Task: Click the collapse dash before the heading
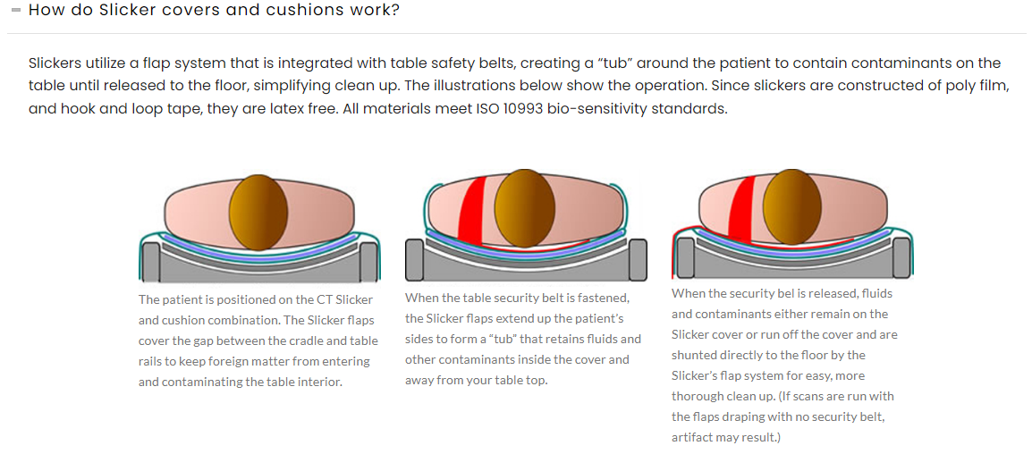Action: (x=15, y=11)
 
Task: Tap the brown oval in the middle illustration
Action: (x=524, y=207)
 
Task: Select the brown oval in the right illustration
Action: (x=791, y=207)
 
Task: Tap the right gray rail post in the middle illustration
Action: (x=638, y=259)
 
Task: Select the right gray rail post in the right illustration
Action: (x=902, y=257)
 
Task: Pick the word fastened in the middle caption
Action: (x=605, y=298)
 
